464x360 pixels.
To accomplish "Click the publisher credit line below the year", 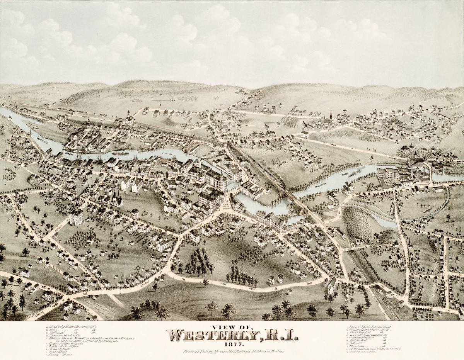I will click(x=232, y=352).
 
